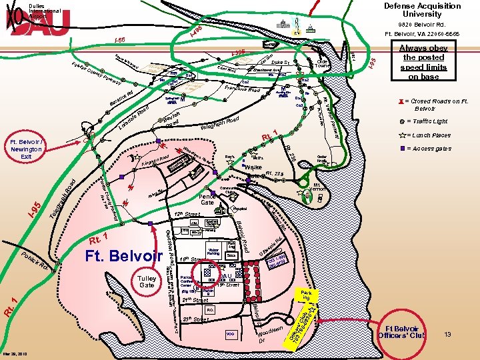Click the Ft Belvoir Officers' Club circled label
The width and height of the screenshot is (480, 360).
click(406, 333)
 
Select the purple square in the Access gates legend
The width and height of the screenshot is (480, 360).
click(403, 149)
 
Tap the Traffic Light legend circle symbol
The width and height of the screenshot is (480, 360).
click(403, 122)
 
